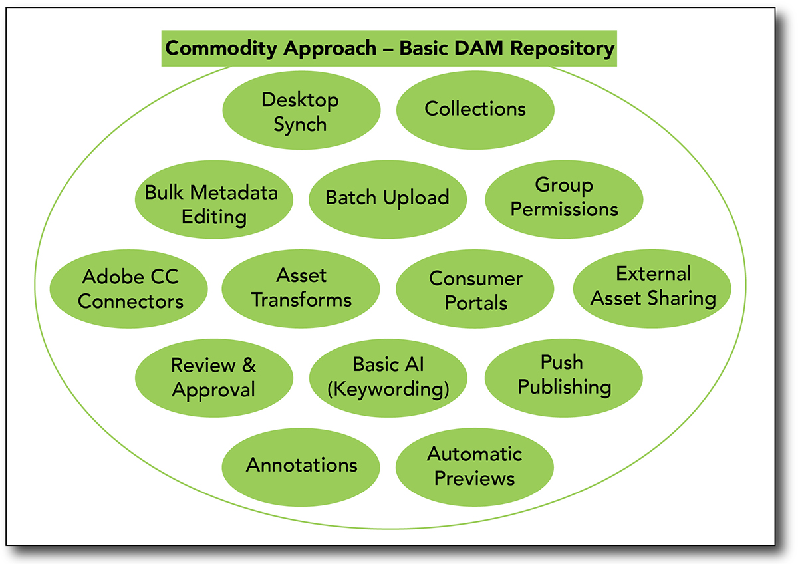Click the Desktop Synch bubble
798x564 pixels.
pyautogui.click(x=301, y=110)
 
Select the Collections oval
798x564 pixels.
pyautogui.click(x=475, y=110)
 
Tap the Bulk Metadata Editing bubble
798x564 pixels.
pyautogui.click(x=213, y=200)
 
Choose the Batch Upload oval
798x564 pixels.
pyautogui.click(x=388, y=200)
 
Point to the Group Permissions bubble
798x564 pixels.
pyautogui.click(x=564, y=200)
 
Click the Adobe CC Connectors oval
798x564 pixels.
pyautogui.click(x=128, y=289)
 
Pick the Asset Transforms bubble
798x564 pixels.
pyautogui.click(x=301, y=289)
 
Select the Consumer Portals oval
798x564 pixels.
pyautogui.click(x=475, y=289)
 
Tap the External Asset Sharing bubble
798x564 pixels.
pyautogui.click(x=652, y=289)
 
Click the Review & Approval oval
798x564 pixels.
pyautogui.click(x=213, y=378)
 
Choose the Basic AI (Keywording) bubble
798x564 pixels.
pyautogui.click(x=388, y=378)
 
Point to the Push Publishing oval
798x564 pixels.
pyautogui.click(x=564, y=378)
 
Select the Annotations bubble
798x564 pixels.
pyautogui.click(x=301, y=467)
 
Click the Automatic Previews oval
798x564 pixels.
pyautogui.click(x=475, y=467)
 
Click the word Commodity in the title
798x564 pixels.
pyautogui.click(x=221, y=49)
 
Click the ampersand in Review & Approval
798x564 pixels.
pyautogui.click(x=249, y=365)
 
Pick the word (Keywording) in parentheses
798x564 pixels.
pyautogui.click(x=388, y=389)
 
